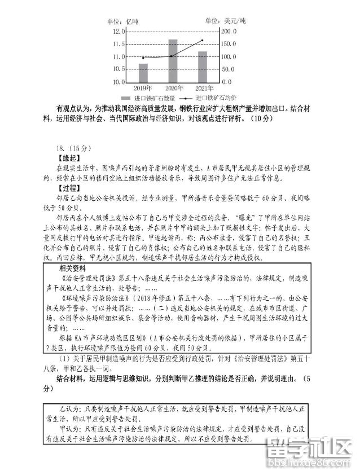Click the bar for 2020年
[x=173, y=60]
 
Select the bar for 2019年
[x=143, y=72]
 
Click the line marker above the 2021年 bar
[x=203, y=41]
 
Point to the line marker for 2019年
[x=143, y=58]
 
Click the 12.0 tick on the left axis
[x=118, y=32]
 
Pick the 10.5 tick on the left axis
[x=118, y=69]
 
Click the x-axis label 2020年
[x=173, y=89]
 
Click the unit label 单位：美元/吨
[x=226, y=21]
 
